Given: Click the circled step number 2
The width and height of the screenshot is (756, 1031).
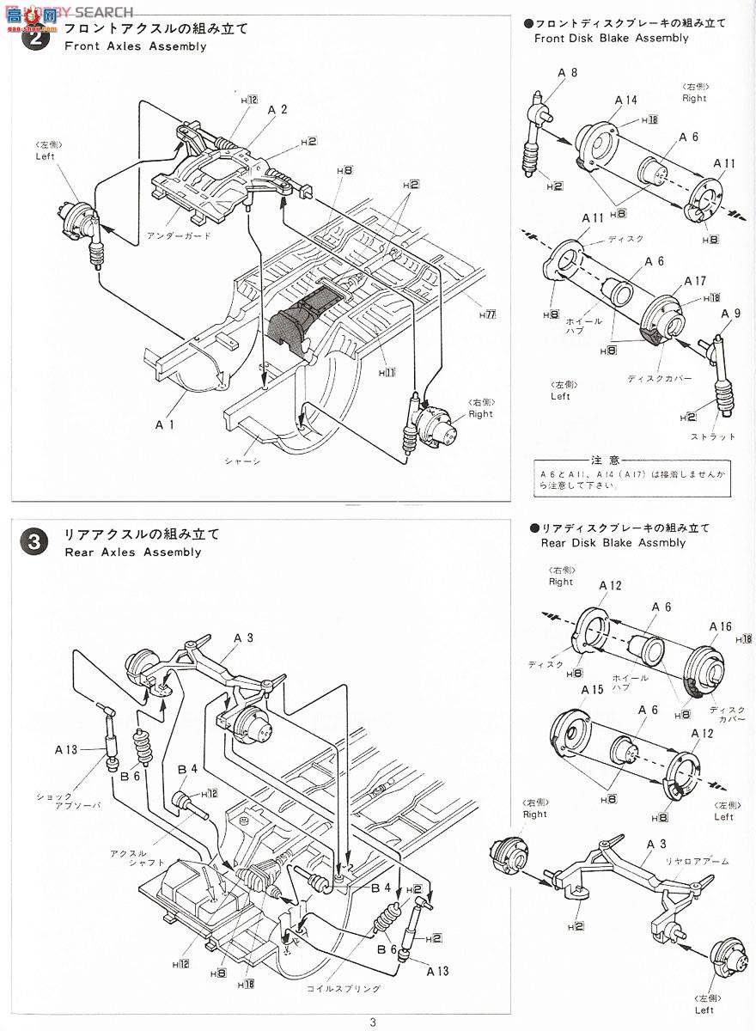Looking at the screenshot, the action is (34, 38).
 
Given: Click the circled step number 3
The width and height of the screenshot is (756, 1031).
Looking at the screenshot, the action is (34, 542).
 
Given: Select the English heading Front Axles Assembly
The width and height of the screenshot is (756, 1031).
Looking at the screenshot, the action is (135, 46).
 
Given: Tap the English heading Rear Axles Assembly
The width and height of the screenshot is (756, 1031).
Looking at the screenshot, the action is (132, 552).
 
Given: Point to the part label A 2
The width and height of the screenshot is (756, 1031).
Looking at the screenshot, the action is (277, 109).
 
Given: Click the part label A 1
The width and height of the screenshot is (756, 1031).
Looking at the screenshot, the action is (166, 424).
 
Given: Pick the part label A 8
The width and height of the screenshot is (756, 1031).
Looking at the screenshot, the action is (567, 74).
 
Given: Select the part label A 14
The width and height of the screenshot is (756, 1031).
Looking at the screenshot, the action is (625, 101).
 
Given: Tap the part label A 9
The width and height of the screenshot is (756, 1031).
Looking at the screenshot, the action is (731, 313).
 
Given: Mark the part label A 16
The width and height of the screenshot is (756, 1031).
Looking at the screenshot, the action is (720, 626).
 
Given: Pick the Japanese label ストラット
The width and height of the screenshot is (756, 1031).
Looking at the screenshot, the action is (713, 436).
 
